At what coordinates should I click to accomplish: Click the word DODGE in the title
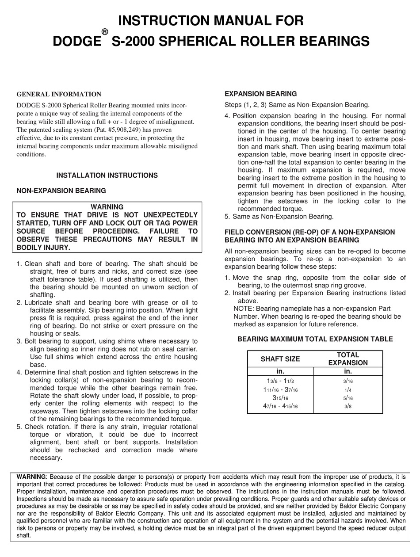click(x=76, y=42)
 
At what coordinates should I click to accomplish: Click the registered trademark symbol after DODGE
click(x=104, y=32)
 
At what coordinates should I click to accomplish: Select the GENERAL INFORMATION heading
click(x=59, y=94)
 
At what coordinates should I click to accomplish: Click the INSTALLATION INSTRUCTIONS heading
click(x=107, y=175)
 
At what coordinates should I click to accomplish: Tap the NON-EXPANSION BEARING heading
click(x=61, y=191)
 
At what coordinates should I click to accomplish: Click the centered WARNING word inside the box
click(x=107, y=207)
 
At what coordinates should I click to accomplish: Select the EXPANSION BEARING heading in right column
click(x=260, y=94)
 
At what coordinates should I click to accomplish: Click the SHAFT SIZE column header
click(x=280, y=359)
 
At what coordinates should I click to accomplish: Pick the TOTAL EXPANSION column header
click(x=347, y=359)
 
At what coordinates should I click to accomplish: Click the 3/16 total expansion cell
click(x=348, y=381)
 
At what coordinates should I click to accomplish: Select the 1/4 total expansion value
click(x=348, y=389)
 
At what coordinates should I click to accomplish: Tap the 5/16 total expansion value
click(x=348, y=397)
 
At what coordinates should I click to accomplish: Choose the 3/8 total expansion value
click(x=348, y=405)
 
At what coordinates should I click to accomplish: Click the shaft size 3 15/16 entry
click(x=280, y=397)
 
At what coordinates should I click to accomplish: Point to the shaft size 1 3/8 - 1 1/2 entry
click(x=280, y=381)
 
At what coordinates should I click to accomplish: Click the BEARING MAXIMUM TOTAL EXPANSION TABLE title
click(x=315, y=339)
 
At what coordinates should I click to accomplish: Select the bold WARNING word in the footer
click(x=31, y=477)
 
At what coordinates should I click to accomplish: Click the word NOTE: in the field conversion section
click(x=244, y=308)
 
